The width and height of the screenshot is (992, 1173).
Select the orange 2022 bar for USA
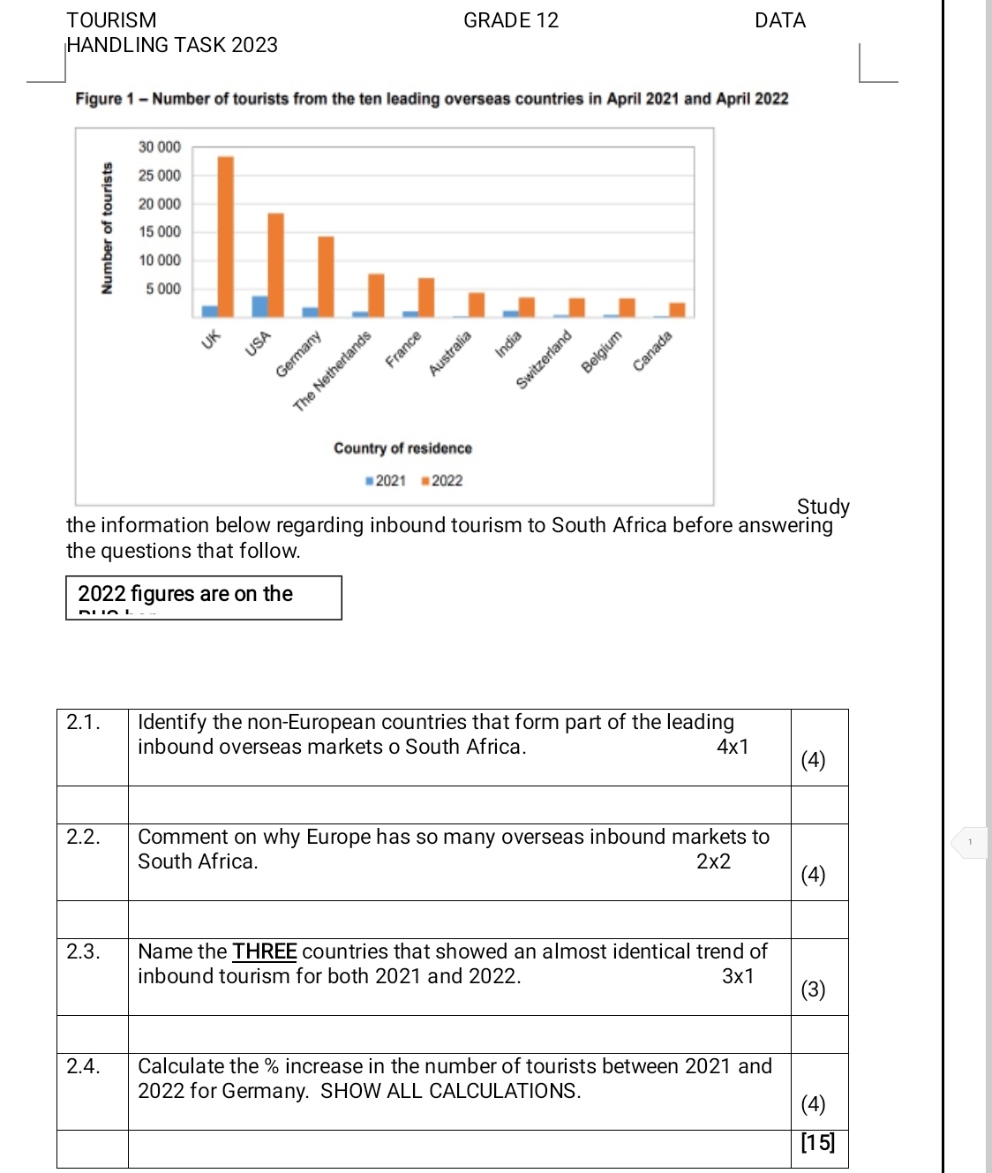276,265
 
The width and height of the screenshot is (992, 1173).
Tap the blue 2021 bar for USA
259,306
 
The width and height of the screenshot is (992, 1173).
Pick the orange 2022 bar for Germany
327,276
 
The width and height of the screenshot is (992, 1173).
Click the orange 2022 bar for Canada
677,310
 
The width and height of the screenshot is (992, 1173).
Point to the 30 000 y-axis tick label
160,147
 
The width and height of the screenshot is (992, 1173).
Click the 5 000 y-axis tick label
163,289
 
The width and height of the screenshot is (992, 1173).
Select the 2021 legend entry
386,481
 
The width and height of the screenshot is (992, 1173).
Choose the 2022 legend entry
442,481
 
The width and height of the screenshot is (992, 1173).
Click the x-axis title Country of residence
402,448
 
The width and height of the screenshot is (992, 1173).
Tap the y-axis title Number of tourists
108,229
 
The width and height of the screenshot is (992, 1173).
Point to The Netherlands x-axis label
332,372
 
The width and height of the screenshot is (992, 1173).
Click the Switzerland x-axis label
544,359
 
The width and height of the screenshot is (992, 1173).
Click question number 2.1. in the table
83,722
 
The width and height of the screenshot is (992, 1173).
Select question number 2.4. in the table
83,1066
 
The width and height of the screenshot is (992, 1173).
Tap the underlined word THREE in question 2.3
265,951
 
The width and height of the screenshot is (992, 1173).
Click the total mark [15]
817,1143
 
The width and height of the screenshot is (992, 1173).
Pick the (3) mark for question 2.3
813,989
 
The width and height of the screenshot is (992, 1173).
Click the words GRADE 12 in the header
511,20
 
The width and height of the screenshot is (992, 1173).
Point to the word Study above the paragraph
823,507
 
